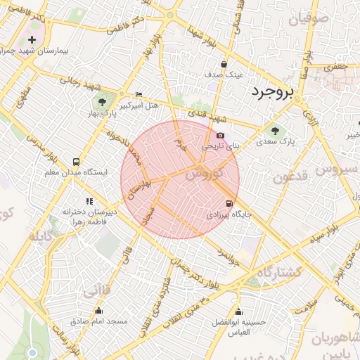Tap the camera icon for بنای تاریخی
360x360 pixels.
pyautogui.click(x=221, y=135)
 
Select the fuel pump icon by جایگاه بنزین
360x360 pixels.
pyautogui.click(x=229, y=203)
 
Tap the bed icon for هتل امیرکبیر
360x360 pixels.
pyautogui.click(x=139, y=94)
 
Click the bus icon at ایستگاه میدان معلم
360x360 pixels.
pyautogui.click(x=76, y=161)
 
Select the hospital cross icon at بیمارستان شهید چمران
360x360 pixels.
pyautogui.click(x=32, y=40)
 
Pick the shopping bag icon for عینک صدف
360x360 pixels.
pyautogui.click(x=224, y=63)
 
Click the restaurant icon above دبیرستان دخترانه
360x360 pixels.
pyautogui.click(x=89, y=201)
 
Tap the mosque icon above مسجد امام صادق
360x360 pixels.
pyautogui.click(x=98, y=310)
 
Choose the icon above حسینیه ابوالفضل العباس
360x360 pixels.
pyautogui.click(x=238, y=311)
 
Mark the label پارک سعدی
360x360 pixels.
pyautogui.click(x=301, y=141)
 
